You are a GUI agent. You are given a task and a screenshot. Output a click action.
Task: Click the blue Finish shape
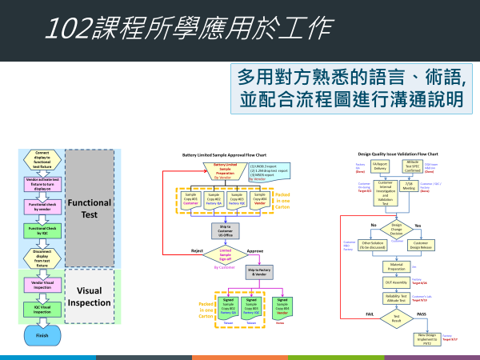pyautogui.click(x=42, y=335)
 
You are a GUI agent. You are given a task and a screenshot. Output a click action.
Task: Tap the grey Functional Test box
pyautogui.click(x=90, y=208)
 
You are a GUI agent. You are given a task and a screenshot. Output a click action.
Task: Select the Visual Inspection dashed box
pyautogui.click(x=90, y=297)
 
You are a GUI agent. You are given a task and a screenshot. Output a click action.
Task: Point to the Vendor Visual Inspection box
pyautogui.click(x=42, y=283)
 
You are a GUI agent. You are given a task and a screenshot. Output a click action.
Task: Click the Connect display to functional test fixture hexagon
pyautogui.click(x=42, y=157)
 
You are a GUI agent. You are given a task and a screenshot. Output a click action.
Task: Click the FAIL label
pyautogui.click(x=371, y=314)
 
